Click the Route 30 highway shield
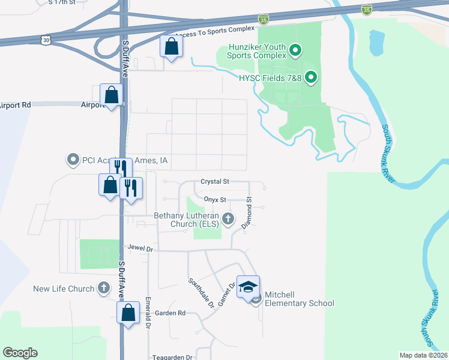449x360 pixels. pos(47,39)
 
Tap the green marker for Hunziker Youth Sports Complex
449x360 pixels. pos(295,51)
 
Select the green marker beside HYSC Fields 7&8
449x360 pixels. pos(311,77)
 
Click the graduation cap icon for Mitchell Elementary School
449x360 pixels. pos(248,287)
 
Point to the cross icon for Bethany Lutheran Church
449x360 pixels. pos(228,220)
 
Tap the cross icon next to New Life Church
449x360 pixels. pos(103,289)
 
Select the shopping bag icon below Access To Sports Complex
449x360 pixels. pos(171,46)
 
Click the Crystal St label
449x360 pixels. pos(215,181)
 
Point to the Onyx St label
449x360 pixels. pos(214,200)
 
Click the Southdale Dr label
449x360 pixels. pos(201,293)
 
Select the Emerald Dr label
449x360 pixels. pos(147,316)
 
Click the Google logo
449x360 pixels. pos(20,353)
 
